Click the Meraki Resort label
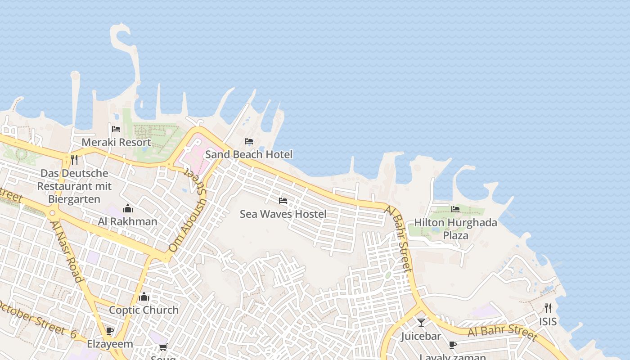tap(116, 143)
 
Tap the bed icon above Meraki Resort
tap(116, 129)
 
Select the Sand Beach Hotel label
tap(249, 154)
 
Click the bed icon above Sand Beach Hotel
tap(249, 141)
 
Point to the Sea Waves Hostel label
tap(283, 214)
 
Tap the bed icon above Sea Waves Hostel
tap(283, 200)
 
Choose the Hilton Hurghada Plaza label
tap(455, 229)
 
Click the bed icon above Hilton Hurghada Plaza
tap(455, 209)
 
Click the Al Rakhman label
tap(128, 221)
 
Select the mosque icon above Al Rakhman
tap(128, 208)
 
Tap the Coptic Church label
tap(144, 310)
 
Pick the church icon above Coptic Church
tap(144, 297)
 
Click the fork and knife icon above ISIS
tap(548, 308)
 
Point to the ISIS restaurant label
tap(548, 322)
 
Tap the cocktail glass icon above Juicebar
tap(421, 323)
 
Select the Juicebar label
tap(421, 336)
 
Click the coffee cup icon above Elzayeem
tap(110, 331)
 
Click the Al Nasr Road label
tap(67, 251)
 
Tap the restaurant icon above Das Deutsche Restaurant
tap(74, 159)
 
